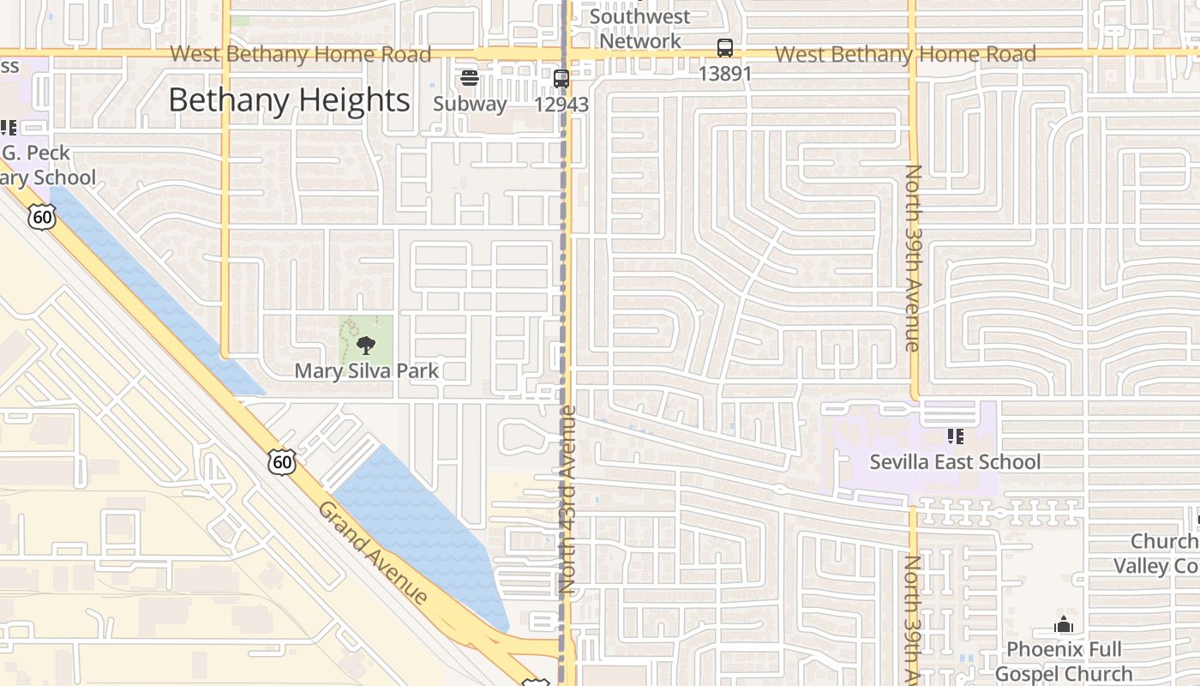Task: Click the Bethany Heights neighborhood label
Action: click(289, 100)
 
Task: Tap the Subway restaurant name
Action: click(470, 104)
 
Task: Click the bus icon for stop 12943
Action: click(561, 79)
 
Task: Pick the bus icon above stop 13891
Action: click(725, 48)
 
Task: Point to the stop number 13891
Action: click(725, 74)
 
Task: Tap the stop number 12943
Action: click(561, 105)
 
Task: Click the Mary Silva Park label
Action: click(367, 371)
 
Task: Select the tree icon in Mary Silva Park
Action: click(367, 346)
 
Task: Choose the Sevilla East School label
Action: click(955, 462)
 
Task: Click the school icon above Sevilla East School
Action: click(956, 436)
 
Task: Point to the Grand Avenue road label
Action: click(373, 553)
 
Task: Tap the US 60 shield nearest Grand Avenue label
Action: click(281, 463)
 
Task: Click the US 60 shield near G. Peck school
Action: click(41, 218)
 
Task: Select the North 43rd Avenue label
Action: click(567, 500)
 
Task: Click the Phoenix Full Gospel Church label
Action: click(1064, 661)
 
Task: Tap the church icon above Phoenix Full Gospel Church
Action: click(1064, 624)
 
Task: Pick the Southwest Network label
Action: click(639, 28)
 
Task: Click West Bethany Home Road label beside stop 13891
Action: click(905, 54)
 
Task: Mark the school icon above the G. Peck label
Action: click(9, 129)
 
